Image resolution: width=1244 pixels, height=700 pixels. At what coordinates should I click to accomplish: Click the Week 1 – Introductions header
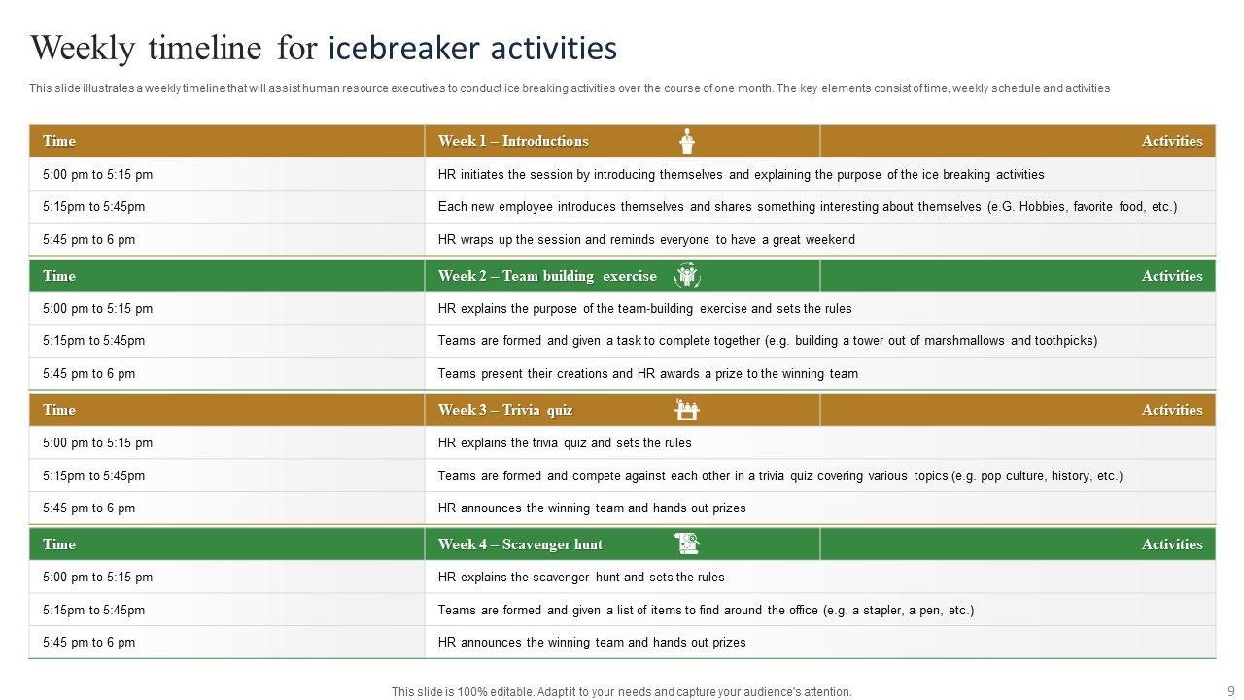pyautogui.click(x=513, y=141)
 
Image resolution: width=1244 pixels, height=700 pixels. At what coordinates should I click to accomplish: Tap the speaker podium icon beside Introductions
pyautogui.click(x=687, y=141)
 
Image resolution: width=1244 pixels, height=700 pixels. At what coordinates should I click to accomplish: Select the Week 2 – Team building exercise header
pyautogui.click(x=547, y=276)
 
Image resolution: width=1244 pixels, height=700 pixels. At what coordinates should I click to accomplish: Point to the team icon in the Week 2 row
pyautogui.click(x=687, y=276)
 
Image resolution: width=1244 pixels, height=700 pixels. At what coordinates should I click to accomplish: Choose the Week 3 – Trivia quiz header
pyautogui.click(x=505, y=410)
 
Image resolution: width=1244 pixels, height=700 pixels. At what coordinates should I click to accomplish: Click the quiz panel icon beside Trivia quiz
pyautogui.click(x=687, y=409)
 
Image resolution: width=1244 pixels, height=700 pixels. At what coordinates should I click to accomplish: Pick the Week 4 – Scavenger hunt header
pyautogui.click(x=520, y=544)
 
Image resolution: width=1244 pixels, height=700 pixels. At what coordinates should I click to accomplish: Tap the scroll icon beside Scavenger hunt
pyautogui.click(x=687, y=543)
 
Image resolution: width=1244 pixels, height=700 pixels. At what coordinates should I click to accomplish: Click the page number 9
pyautogui.click(x=1230, y=691)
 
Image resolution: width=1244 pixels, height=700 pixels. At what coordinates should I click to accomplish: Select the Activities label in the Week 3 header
pyautogui.click(x=1172, y=410)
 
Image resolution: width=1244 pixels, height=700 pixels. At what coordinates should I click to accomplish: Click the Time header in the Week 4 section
pyautogui.click(x=59, y=544)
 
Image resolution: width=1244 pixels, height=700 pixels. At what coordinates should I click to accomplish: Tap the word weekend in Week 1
pyautogui.click(x=829, y=240)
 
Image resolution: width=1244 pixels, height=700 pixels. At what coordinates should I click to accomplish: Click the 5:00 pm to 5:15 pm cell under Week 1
pyautogui.click(x=97, y=175)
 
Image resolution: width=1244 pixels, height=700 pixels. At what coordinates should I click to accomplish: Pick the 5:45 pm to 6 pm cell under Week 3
pyautogui.click(x=88, y=508)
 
